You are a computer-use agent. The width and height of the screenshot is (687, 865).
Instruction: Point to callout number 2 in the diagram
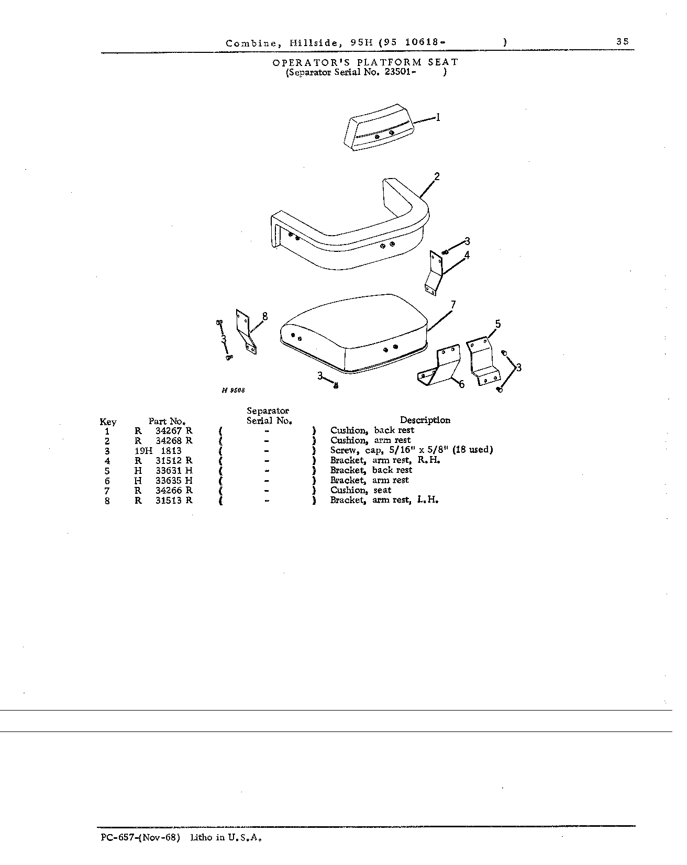pyautogui.click(x=437, y=176)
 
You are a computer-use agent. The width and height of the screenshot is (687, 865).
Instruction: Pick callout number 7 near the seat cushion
pyautogui.click(x=453, y=305)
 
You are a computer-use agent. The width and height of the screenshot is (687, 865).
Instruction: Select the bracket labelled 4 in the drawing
pyautogui.click(x=435, y=273)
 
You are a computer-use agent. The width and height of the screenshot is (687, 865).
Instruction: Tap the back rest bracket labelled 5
pyautogui.click(x=484, y=361)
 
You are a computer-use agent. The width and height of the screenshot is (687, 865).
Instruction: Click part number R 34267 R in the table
pyautogui.click(x=163, y=430)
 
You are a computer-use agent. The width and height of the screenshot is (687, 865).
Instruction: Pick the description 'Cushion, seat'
pyautogui.click(x=361, y=491)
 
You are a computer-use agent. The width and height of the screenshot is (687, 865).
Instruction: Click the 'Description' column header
pyautogui.click(x=425, y=420)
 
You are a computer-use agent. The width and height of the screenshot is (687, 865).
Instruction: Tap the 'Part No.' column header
pyautogui.click(x=167, y=421)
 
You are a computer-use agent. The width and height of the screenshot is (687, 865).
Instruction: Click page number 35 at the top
pyautogui.click(x=623, y=42)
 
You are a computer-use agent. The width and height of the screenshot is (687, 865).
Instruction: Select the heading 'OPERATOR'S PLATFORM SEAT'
pyautogui.click(x=365, y=62)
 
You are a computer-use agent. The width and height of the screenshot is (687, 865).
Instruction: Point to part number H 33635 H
pyautogui.click(x=163, y=480)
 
